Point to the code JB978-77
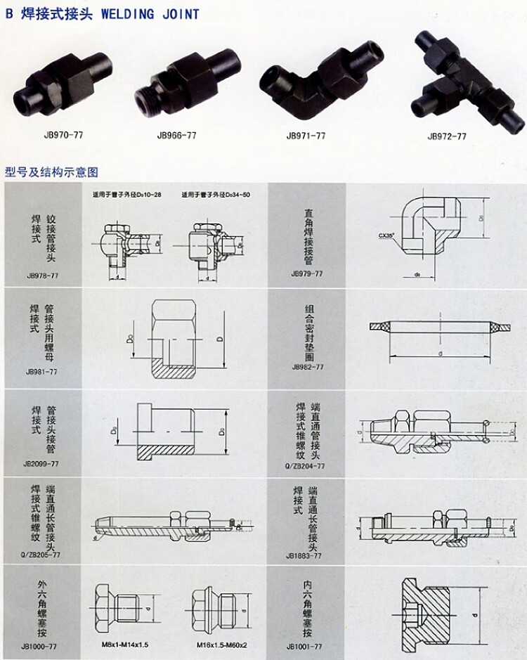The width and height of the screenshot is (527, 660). point(41,277)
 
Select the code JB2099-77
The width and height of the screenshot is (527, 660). point(41,463)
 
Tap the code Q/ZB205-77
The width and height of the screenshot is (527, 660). point(41,555)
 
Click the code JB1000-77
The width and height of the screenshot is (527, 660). point(41,645)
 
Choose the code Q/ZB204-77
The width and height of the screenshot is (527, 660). point(306,465)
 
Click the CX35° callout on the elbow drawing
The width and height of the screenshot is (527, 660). point(387,237)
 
